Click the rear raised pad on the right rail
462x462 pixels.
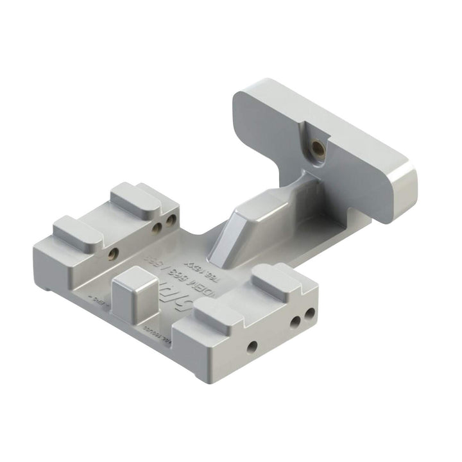pos(278,277)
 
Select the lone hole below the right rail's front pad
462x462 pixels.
pos(252,346)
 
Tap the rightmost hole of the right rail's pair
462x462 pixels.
pos(310,314)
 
